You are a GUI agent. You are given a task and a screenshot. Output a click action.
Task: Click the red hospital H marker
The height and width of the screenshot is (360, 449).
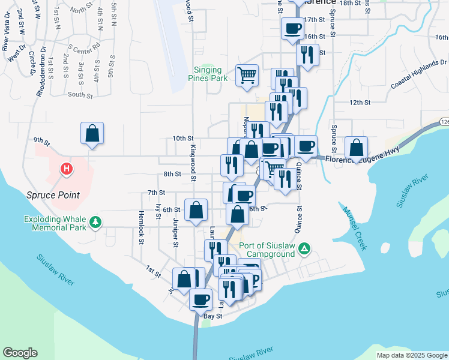point(67,170)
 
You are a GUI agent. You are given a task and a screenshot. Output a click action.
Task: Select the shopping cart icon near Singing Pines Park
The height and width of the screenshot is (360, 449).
point(247,76)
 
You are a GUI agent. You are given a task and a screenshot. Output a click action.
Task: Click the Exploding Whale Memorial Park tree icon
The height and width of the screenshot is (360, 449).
point(95,223)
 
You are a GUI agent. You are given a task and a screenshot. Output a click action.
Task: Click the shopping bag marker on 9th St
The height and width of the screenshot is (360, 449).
point(92,134)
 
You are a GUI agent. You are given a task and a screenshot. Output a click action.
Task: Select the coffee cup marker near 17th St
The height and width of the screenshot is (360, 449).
point(293,29)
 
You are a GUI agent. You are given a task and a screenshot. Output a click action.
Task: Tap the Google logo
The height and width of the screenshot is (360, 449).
point(20,353)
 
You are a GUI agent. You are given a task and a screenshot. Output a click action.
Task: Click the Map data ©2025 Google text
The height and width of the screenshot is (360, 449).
point(411,355)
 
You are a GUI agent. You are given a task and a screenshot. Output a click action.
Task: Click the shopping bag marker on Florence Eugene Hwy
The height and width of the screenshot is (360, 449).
point(357,148)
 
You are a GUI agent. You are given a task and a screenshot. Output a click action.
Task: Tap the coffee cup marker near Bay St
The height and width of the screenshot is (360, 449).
point(200,299)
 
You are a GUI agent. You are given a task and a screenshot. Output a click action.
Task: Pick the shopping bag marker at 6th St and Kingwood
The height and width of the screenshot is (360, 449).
point(196,211)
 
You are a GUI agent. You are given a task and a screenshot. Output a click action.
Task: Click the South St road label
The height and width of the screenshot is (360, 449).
point(80,95)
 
